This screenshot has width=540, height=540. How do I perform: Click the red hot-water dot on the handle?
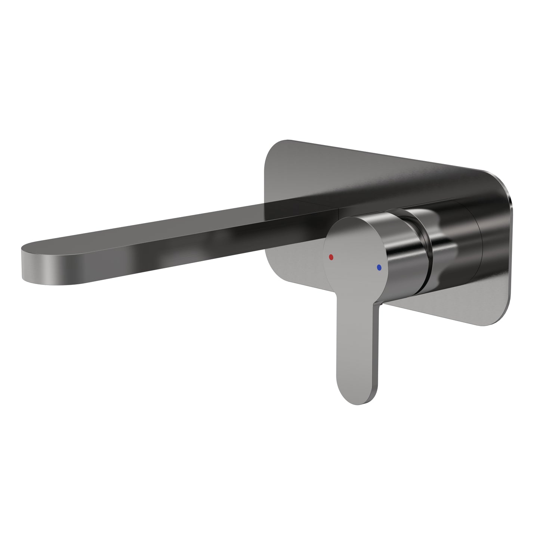(x=330, y=257)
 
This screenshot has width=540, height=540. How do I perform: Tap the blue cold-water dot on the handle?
(x=380, y=268)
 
